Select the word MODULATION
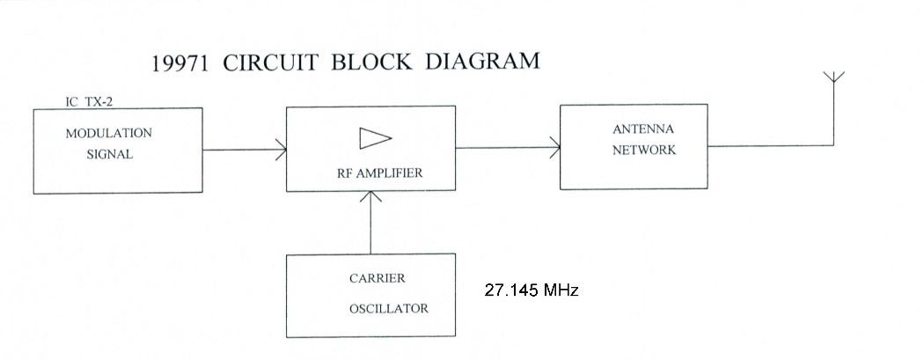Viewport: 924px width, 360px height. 108,133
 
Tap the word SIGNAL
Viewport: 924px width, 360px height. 110,153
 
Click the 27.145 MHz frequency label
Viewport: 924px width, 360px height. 531,290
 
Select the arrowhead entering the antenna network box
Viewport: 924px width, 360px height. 555,148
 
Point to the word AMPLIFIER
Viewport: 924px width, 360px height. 390,173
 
